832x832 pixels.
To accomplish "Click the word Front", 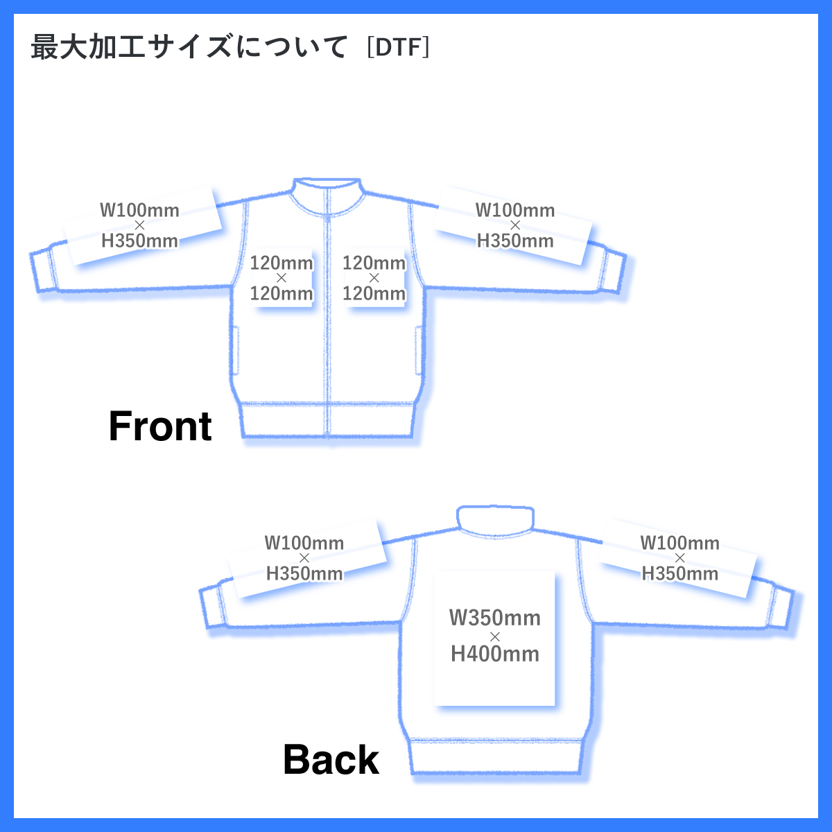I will click(x=160, y=426).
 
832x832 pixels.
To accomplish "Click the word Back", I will click(x=331, y=760).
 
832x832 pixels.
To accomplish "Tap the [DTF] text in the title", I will click(x=398, y=48).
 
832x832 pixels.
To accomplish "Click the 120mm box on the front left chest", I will click(x=281, y=278).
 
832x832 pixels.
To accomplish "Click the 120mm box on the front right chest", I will click(x=374, y=278).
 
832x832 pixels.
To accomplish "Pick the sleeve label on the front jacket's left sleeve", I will click(x=140, y=225).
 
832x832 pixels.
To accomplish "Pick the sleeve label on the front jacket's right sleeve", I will click(x=515, y=225).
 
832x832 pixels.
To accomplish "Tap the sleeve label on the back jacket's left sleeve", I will click(x=304, y=558).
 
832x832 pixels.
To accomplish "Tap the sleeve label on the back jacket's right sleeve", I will click(x=679, y=558).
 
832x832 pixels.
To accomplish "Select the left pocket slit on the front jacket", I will click(x=235, y=353).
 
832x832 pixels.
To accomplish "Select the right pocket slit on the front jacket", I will click(x=418, y=353).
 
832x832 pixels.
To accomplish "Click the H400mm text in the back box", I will click(x=495, y=654).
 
